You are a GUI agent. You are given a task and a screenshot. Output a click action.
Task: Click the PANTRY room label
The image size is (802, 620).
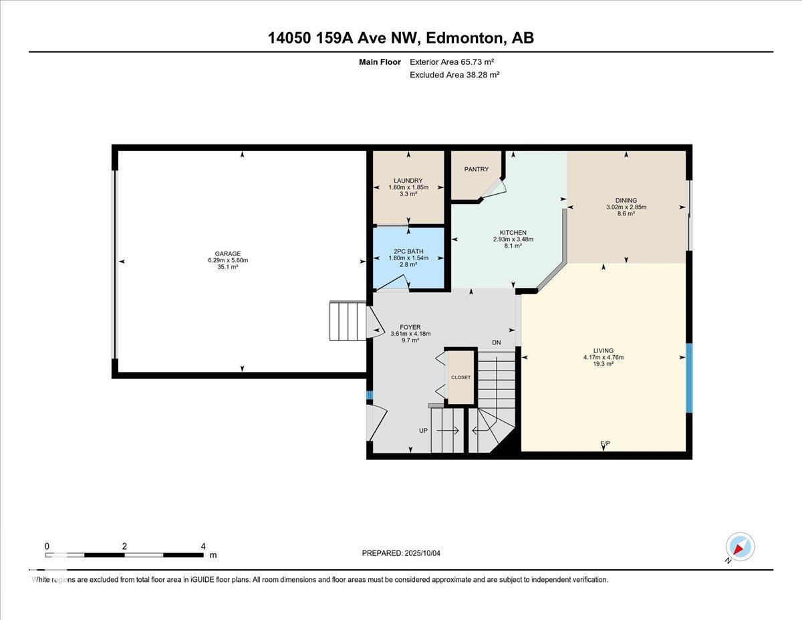(476, 169)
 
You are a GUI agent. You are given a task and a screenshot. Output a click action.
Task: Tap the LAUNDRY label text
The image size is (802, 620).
(408, 181)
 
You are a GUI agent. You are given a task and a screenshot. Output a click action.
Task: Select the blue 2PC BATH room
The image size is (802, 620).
(408, 257)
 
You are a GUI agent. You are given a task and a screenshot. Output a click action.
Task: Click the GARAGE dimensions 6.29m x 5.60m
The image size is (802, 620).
(228, 260)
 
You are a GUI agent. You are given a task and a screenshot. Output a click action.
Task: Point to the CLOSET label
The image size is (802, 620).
(461, 377)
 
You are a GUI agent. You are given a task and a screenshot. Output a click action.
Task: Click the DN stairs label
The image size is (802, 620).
(497, 342)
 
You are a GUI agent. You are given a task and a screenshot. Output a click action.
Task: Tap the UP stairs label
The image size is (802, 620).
(423, 430)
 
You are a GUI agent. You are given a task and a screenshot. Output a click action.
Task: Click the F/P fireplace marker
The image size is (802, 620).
(605, 443)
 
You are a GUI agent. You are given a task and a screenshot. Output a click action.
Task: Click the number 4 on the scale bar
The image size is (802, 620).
(203, 546)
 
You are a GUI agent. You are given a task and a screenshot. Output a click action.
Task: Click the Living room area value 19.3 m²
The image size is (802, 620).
(604, 364)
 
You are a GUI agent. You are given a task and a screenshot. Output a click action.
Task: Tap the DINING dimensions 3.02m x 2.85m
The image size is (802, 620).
(626, 207)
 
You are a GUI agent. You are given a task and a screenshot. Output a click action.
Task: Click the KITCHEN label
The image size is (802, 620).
(513, 232)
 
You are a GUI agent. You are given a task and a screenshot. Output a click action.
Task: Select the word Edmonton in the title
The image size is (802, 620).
(465, 38)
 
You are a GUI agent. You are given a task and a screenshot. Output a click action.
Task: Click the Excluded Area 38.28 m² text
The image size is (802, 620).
(454, 75)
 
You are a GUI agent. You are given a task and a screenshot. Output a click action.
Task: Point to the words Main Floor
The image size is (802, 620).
(380, 62)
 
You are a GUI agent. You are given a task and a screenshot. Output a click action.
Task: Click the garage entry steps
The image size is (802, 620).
(348, 320)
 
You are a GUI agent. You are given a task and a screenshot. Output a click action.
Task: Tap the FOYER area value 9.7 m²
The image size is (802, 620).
(410, 340)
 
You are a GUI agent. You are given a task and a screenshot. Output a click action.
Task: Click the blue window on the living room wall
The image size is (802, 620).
(689, 378)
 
